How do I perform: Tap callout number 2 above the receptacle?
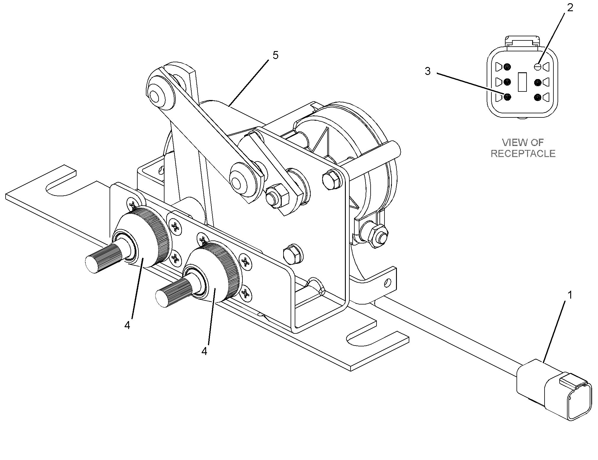[570, 8]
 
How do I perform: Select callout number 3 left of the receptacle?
[428, 71]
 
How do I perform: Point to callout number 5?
[275, 55]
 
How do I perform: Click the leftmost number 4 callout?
[127, 325]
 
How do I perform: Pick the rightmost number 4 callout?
[204, 351]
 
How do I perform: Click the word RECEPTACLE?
[523, 153]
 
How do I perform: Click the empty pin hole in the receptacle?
[538, 67]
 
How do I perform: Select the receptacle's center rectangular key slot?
[522, 82]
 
